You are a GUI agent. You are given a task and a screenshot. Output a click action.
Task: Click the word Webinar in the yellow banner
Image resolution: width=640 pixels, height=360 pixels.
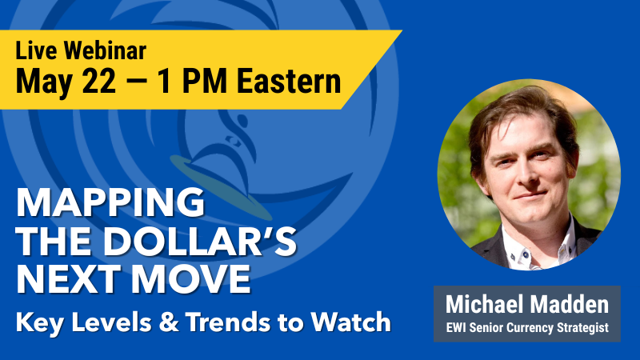point(105,50)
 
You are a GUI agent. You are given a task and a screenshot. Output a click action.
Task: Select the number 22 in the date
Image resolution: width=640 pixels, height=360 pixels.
point(98,81)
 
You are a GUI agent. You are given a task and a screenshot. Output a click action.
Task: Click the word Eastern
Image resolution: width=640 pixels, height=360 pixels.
point(289,81)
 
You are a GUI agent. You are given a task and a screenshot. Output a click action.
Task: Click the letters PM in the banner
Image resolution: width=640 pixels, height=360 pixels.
point(205,81)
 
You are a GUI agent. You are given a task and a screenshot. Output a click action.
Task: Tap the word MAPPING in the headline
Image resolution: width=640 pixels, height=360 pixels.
point(110,202)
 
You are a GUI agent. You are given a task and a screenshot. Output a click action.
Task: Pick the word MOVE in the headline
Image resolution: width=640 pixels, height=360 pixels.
point(190,279)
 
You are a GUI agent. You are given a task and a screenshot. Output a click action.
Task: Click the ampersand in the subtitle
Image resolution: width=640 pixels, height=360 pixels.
point(169,322)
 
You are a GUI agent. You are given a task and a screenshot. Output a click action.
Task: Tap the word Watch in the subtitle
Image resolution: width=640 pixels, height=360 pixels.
point(351,322)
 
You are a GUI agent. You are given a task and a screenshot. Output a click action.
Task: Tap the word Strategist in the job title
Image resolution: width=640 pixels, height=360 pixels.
point(583,328)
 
